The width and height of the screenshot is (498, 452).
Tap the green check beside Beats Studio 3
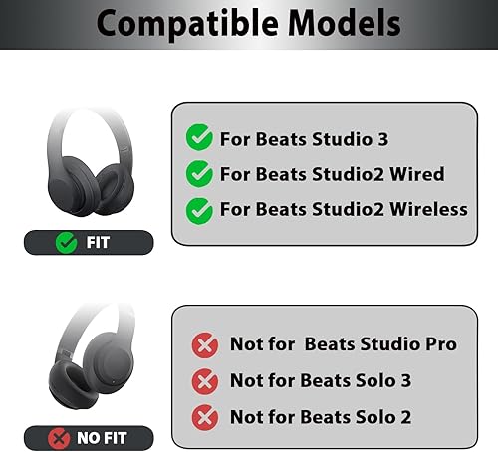(200, 138)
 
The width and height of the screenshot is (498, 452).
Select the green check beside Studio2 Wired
(200, 173)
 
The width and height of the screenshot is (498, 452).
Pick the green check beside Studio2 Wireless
(200, 208)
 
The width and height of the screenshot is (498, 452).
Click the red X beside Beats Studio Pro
(205, 344)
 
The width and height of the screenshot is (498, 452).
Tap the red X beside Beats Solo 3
(205, 380)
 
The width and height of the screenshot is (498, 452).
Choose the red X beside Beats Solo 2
(205, 415)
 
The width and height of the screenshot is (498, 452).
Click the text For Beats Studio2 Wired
(332, 174)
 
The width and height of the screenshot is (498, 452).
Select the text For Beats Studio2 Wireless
(344, 209)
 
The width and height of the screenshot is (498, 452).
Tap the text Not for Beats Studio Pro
(343, 344)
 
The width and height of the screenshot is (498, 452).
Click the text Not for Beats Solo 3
(320, 380)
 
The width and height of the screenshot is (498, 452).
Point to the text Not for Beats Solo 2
(320, 415)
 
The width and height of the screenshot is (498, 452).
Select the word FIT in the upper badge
(99, 242)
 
